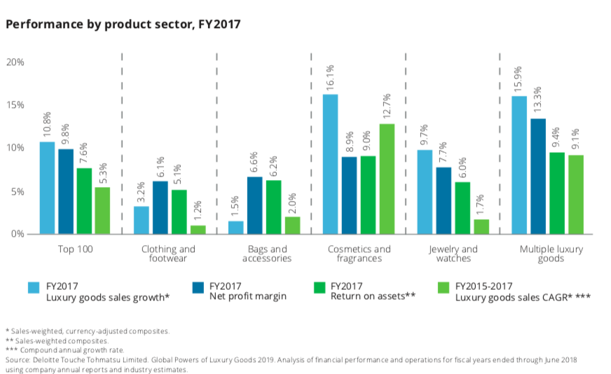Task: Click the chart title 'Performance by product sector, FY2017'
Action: pyautogui.click(x=123, y=25)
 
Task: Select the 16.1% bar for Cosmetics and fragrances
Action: pyautogui.click(x=329, y=164)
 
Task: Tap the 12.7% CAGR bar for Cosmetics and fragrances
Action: pyautogui.click(x=387, y=179)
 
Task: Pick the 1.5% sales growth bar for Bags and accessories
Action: pyautogui.click(x=235, y=227)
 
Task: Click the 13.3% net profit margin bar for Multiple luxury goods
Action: pyautogui.click(x=537, y=176)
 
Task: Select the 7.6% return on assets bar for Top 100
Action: pyautogui.click(x=85, y=200)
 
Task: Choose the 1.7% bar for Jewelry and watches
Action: pyautogui.click(x=462, y=226)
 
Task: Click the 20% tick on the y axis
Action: pyautogui.click(x=15, y=62)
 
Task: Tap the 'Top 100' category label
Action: pyautogui.click(x=76, y=249)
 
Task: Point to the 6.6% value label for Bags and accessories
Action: pyautogui.click(x=254, y=162)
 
